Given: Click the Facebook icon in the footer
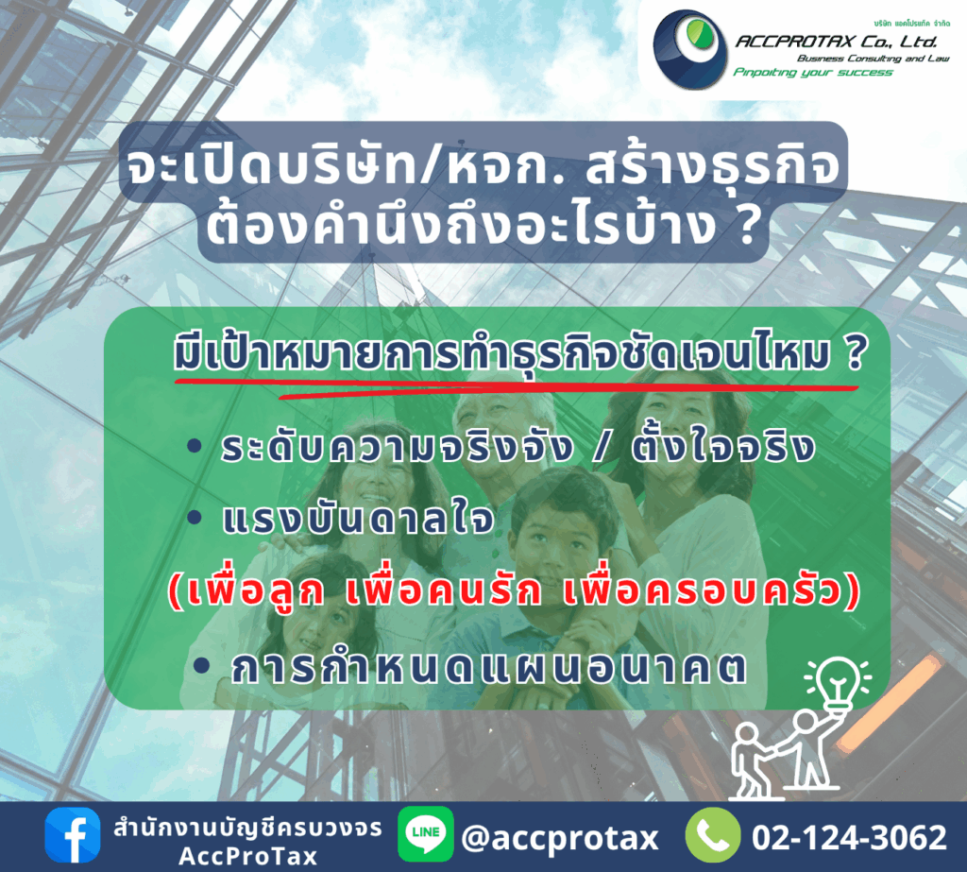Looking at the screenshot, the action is (x=72, y=835).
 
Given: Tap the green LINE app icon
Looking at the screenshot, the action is (x=426, y=833).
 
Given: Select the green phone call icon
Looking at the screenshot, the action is (x=713, y=835).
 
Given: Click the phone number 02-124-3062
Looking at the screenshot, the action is (x=849, y=837).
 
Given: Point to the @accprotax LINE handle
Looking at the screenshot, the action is (x=560, y=838).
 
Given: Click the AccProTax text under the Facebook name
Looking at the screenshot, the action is (x=248, y=856).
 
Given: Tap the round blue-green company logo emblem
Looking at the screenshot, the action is (x=689, y=49).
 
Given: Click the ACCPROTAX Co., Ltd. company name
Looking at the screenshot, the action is (x=837, y=42).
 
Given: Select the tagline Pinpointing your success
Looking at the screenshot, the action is (x=813, y=72).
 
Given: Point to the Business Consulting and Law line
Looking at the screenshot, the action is (x=874, y=58).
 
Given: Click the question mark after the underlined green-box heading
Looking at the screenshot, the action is (x=855, y=353).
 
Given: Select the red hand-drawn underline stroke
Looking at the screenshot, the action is (x=517, y=387).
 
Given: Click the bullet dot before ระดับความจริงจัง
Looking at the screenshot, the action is (x=195, y=445).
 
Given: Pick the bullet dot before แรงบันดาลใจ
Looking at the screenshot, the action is (x=195, y=517).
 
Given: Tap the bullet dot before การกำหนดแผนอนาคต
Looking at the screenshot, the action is (x=202, y=665).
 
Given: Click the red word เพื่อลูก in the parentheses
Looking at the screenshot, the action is (x=256, y=590).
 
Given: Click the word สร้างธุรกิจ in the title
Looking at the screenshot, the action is (x=712, y=166).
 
